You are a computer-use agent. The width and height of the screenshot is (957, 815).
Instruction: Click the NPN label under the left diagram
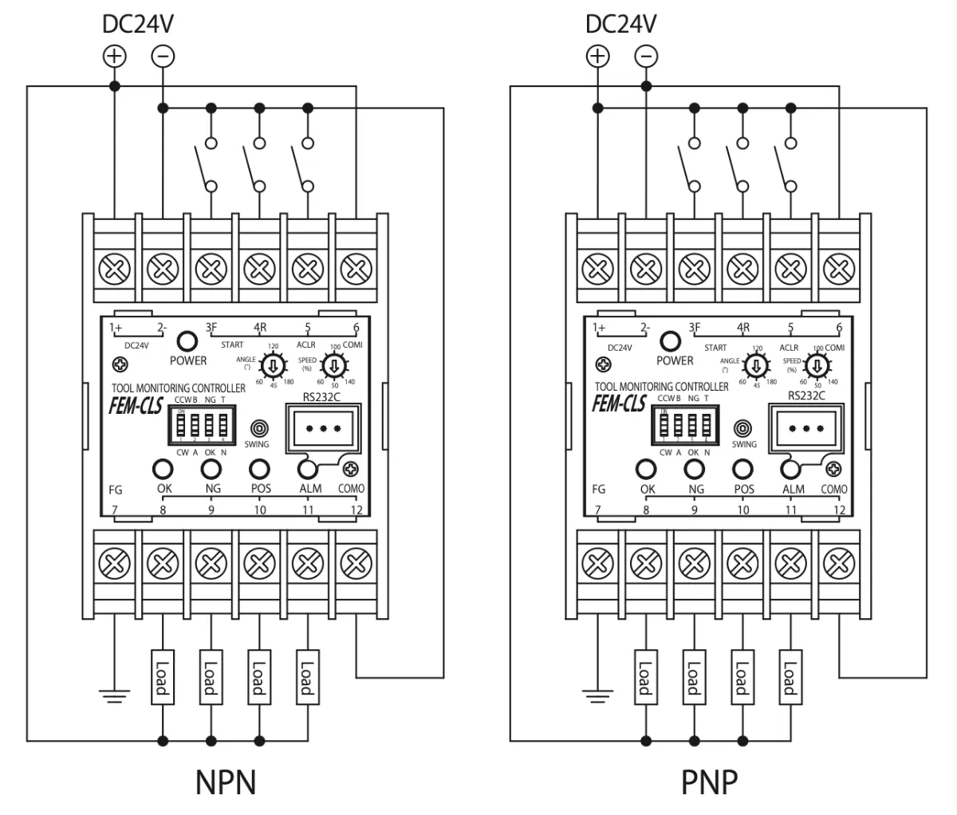[226, 782]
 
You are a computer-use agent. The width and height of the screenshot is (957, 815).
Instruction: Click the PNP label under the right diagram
[709, 782]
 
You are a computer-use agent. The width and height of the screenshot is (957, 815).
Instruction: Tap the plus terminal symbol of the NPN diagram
[115, 56]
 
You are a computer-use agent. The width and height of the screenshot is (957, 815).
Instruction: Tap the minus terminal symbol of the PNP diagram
[646, 56]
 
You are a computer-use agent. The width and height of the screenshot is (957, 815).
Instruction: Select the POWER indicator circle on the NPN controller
[187, 341]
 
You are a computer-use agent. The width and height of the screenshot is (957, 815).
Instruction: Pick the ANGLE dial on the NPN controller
[273, 367]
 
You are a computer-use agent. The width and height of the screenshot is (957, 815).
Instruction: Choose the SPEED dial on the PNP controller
[817, 366]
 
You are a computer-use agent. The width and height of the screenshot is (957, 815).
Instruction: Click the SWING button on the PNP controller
[743, 428]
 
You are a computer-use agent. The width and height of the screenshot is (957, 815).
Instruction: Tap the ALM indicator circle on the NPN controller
[308, 468]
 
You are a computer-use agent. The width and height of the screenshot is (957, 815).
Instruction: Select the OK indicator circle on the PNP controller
[646, 469]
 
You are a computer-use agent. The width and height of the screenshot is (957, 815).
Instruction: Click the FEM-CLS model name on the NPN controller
[136, 406]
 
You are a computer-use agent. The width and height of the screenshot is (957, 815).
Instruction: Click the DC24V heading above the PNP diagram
[620, 23]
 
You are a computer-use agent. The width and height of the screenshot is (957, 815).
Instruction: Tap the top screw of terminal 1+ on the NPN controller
[115, 270]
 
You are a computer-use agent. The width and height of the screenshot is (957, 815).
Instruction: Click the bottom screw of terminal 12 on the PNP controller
[837, 565]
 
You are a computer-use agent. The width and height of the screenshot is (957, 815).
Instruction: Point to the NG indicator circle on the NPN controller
[211, 468]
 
